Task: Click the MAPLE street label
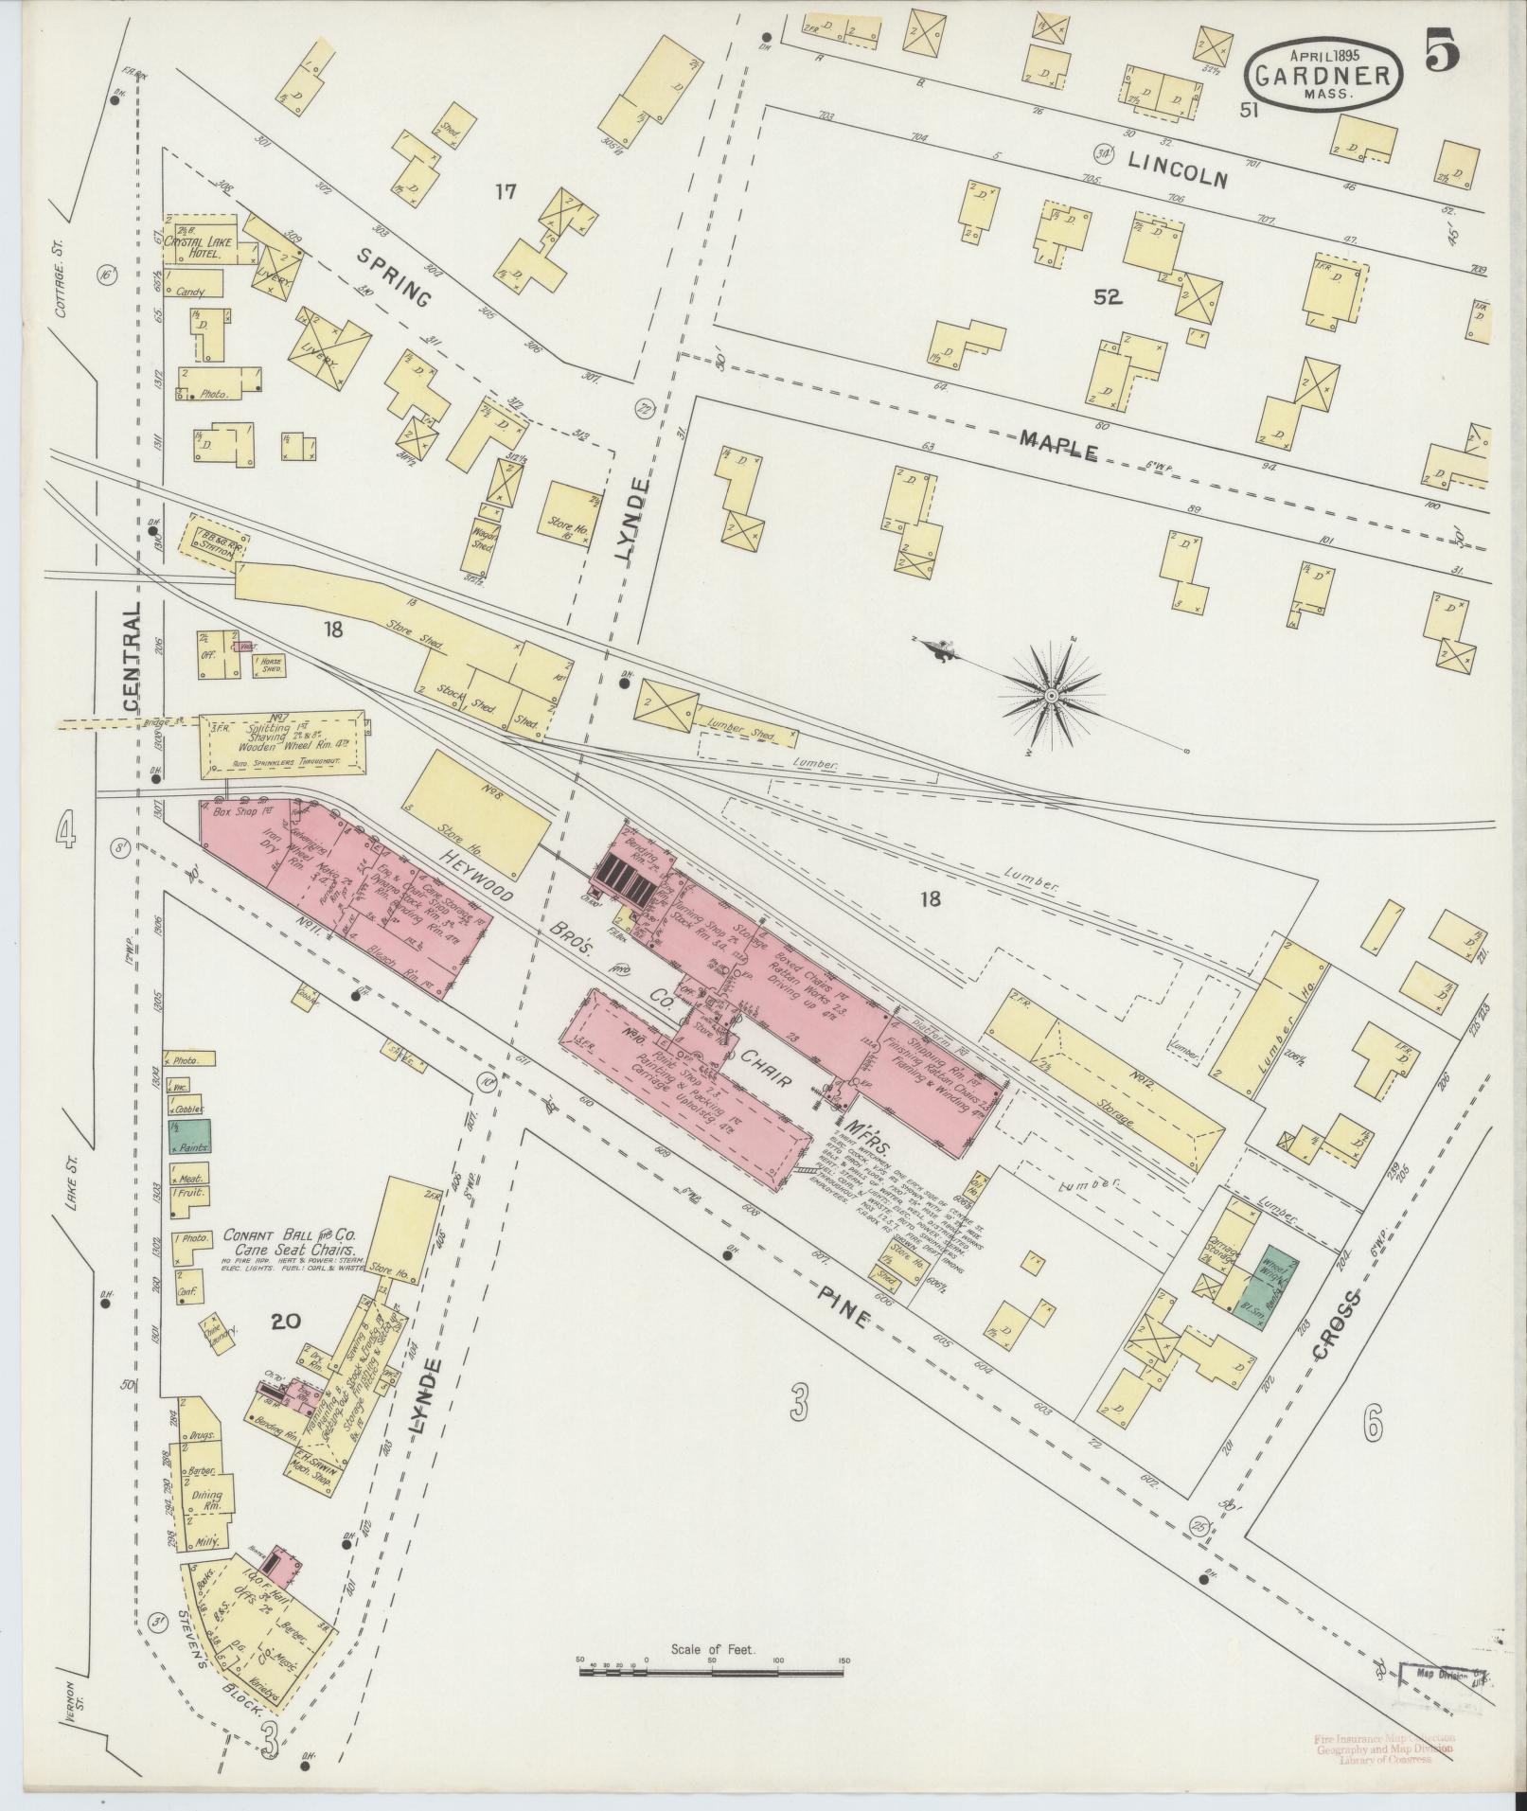point(1059,444)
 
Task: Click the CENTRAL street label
point(131,657)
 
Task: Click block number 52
point(1107,298)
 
